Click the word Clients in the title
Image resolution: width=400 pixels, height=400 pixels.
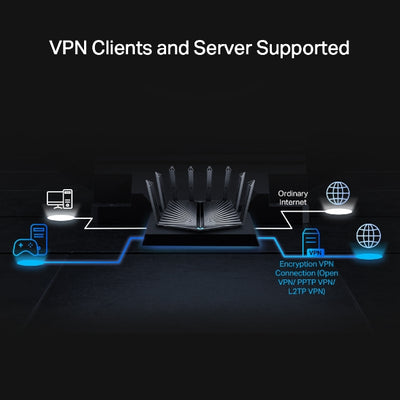[x=142, y=47]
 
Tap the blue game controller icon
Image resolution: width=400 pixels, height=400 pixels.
[x=27, y=244]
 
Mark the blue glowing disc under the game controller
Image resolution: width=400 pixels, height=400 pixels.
[x=30, y=260]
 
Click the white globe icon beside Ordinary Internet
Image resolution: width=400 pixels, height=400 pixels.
[x=342, y=193]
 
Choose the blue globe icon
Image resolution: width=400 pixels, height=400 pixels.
[x=371, y=238]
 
